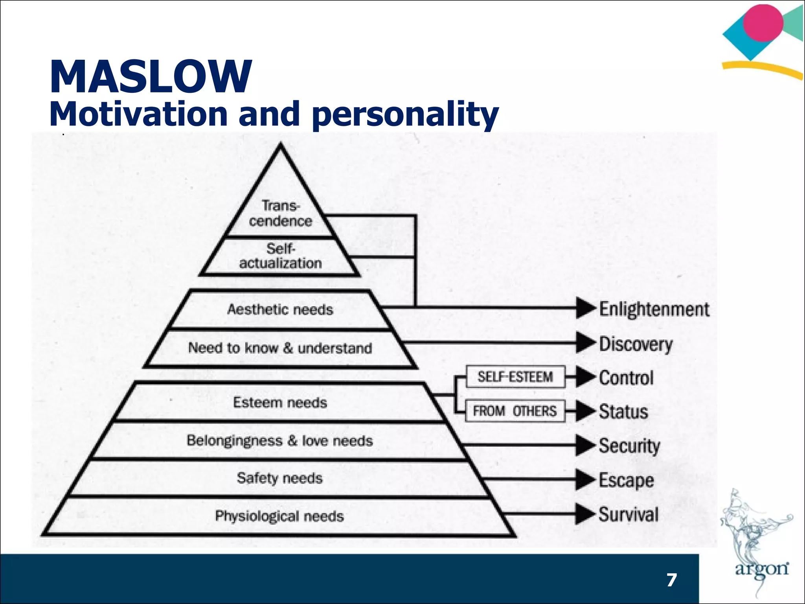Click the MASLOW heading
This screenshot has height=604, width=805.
[151, 77]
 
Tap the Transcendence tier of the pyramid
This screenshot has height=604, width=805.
[280, 214]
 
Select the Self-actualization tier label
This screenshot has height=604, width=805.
[280, 256]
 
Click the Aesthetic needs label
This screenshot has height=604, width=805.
[280, 309]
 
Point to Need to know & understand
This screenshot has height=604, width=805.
[280, 348]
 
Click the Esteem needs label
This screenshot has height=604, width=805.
[280, 403]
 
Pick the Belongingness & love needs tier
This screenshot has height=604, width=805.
[279, 441]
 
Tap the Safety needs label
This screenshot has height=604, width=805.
[279, 478]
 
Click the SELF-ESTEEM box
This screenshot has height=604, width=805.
[515, 377]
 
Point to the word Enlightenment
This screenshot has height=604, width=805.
[654, 309]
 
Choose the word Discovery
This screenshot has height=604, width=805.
[636, 344]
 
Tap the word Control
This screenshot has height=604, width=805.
[626, 378]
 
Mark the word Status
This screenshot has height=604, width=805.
[623, 412]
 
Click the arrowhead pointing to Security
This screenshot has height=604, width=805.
[585, 446]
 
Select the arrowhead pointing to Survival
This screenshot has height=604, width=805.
[584, 514]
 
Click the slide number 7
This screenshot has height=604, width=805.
[672, 580]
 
